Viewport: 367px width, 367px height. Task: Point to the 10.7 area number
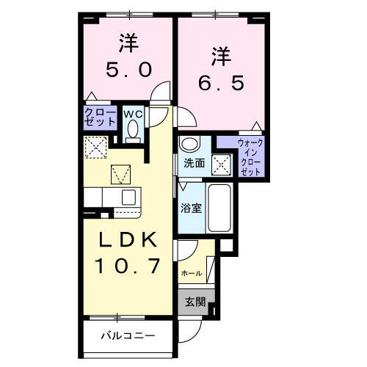[x=127, y=266]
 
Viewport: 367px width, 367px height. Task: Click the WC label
[x=132, y=114]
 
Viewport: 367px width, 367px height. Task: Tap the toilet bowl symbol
[x=133, y=130]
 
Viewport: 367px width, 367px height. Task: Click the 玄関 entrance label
[x=195, y=301]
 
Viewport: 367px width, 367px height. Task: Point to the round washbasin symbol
[x=189, y=143]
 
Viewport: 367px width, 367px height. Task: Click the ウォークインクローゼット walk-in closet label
[x=250, y=156]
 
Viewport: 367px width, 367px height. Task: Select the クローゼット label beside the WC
[x=99, y=117]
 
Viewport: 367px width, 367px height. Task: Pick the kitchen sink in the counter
[x=128, y=197]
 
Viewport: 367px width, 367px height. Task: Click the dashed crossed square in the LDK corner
[x=95, y=149]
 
